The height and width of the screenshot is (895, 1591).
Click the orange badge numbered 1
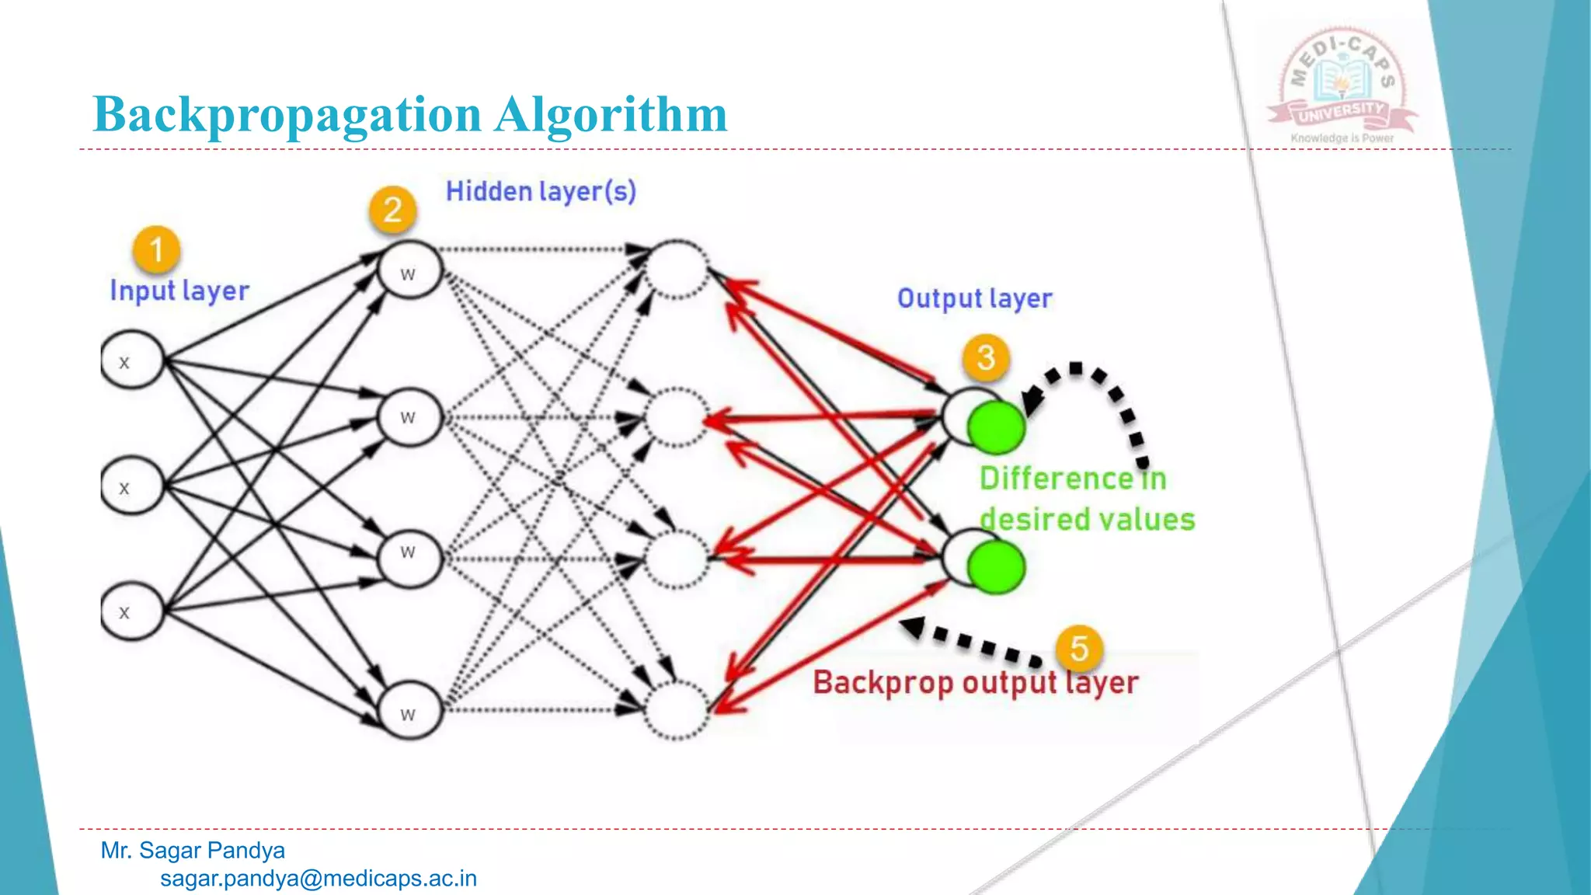(156, 249)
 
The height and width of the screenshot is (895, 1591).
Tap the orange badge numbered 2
(392, 209)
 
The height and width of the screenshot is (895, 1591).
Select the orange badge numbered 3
(986, 357)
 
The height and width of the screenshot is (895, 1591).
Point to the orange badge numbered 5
(1079, 648)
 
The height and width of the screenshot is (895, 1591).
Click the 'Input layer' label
(179, 291)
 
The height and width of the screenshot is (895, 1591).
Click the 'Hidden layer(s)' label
(541, 191)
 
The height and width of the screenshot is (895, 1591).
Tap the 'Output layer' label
(975, 298)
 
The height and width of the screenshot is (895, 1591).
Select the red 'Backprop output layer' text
(976, 683)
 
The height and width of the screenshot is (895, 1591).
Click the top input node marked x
(132, 360)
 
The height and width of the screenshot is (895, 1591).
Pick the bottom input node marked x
(132, 611)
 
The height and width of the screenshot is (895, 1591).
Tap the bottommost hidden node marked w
(409, 709)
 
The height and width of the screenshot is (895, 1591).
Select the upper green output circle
(996, 427)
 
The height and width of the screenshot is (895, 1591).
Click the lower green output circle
(996, 567)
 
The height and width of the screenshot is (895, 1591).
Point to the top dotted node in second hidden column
(677, 269)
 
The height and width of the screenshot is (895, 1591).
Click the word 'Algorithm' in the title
(611, 115)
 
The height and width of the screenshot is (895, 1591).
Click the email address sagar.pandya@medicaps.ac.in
(319, 879)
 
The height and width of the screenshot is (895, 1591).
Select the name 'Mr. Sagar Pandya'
(193, 850)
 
